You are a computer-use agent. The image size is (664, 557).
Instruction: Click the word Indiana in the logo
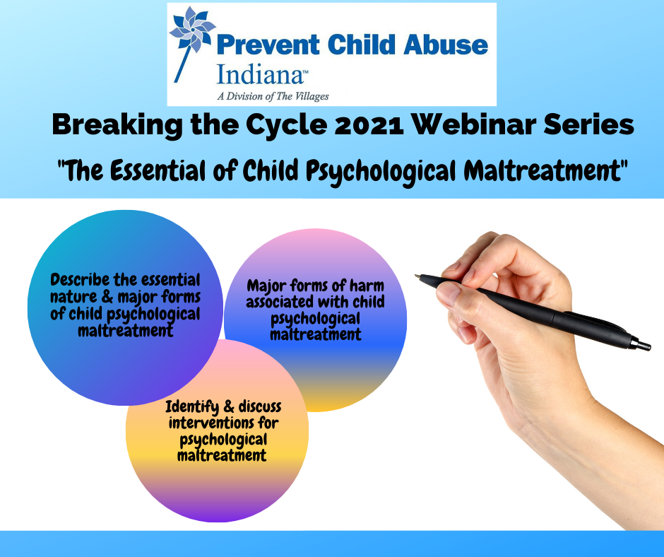[260, 74]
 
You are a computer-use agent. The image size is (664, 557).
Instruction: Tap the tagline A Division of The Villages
[273, 97]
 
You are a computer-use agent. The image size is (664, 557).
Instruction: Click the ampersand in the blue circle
[107, 297]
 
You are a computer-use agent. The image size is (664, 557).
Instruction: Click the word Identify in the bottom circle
[192, 407]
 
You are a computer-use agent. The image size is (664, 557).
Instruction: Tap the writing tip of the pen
[416, 276]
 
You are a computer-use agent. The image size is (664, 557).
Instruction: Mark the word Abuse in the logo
[446, 45]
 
